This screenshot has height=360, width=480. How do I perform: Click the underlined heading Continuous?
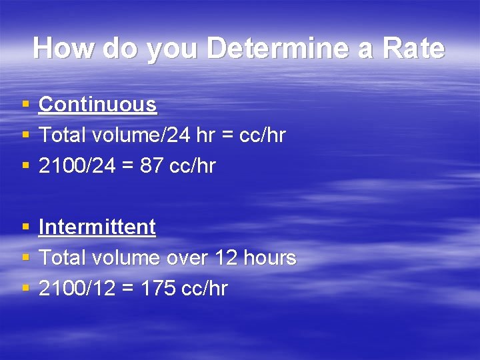click(97, 105)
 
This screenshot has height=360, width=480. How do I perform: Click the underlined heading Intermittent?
click(97, 227)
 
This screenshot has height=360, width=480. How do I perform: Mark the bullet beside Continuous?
click(25, 105)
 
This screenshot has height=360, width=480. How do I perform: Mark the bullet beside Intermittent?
click(25, 227)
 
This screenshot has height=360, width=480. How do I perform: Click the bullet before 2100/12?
click(25, 289)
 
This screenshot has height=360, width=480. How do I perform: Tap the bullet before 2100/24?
click(25, 166)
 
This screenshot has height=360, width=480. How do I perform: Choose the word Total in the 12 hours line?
click(62, 258)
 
